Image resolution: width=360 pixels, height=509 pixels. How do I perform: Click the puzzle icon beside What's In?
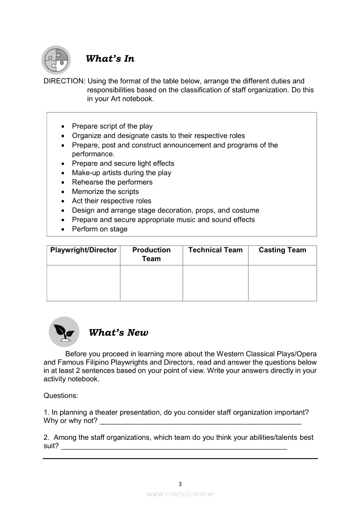coord(56,60)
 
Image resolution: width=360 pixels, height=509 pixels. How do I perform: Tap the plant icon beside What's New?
coord(64,332)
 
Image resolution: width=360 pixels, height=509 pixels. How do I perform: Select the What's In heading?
coord(110,59)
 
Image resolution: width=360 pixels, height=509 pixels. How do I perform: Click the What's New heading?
coord(118,333)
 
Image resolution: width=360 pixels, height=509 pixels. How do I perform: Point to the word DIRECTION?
coord(64,81)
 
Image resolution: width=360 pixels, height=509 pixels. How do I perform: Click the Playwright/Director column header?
coord(84,250)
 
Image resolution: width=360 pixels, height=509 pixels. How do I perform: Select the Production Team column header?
coord(151,254)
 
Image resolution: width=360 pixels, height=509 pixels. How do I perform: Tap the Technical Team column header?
coord(215,250)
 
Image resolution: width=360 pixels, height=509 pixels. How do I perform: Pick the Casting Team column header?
coord(282,250)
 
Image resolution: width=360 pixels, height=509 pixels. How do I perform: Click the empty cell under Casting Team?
coord(282,283)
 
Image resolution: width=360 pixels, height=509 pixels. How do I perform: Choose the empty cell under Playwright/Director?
coord(84,283)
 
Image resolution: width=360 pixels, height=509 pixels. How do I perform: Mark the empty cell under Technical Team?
coord(215,283)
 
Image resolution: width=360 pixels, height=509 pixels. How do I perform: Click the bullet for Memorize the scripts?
coord(64,192)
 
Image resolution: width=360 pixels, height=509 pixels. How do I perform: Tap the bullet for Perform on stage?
coord(64,229)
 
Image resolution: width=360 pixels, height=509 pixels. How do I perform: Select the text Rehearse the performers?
coord(112,182)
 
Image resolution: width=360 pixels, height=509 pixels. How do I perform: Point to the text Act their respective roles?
coord(112,201)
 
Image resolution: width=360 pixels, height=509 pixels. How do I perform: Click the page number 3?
coord(180,484)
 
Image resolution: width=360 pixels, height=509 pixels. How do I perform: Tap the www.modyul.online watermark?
coord(180,494)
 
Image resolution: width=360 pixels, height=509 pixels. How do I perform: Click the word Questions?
coord(61,396)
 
